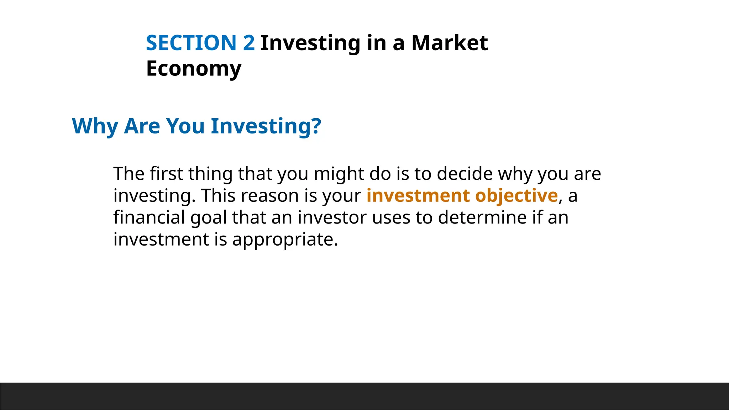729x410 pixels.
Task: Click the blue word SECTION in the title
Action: point(191,43)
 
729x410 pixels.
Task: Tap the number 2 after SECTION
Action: point(249,43)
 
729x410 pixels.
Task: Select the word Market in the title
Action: point(449,43)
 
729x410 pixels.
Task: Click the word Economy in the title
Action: point(194,69)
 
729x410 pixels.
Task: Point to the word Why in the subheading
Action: point(95,126)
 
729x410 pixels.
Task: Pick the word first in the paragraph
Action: point(166,174)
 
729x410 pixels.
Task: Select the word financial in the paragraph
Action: point(149,217)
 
